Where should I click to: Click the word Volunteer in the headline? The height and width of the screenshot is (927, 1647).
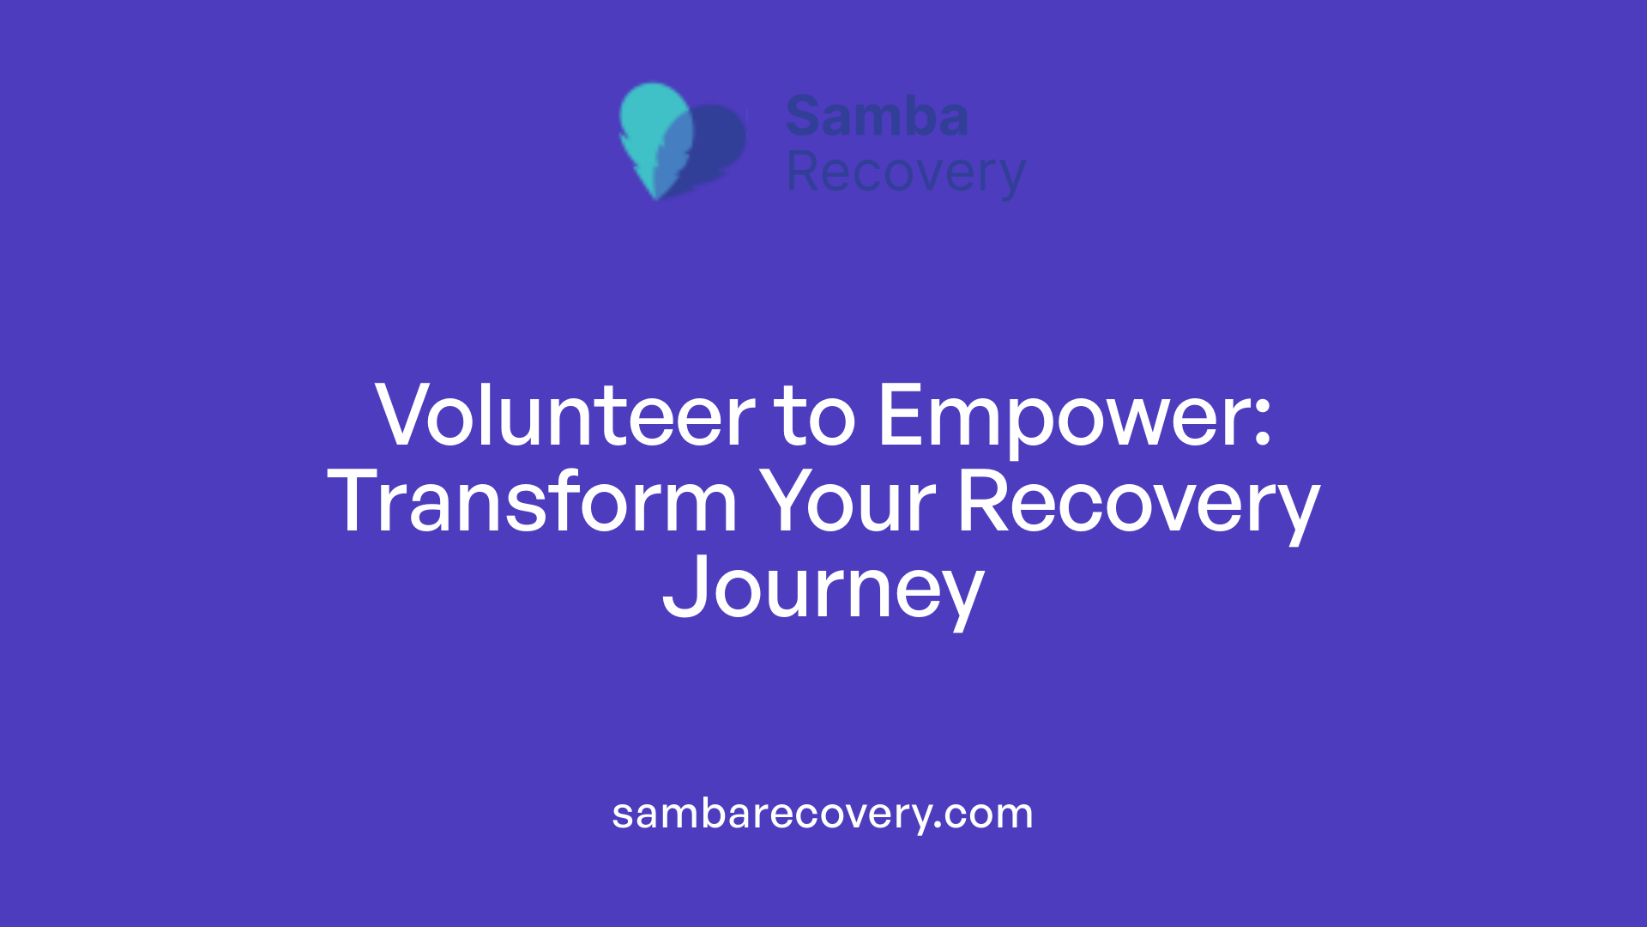pyautogui.click(x=564, y=416)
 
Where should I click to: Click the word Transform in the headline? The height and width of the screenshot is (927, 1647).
pyautogui.click(x=532, y=503)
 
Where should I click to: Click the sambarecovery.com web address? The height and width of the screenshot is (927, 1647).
pyautogui.click(x=823, y=814)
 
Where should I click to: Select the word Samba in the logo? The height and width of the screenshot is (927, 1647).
pyautogui.click(x=877, y=117)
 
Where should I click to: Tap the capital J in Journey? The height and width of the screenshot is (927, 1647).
pyautogui.click(x=682, y=587)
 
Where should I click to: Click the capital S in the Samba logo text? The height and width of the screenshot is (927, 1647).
pyautogui.click(x=805, y=117)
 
